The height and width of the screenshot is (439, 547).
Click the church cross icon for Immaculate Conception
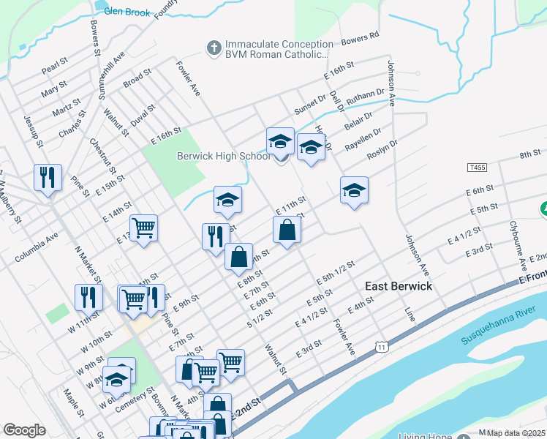[x=214, y=48]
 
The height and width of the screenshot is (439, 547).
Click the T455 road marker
[x=476, y=168]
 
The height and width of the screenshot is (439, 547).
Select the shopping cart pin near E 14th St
[x=144, y=228]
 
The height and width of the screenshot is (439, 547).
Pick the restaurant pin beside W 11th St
[x=88, y=298]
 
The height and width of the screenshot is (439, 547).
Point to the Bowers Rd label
[x=360, y=37]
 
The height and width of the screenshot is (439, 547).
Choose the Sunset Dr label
[x=310, y=105]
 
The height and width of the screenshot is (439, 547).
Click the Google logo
[x=24, y=429]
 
